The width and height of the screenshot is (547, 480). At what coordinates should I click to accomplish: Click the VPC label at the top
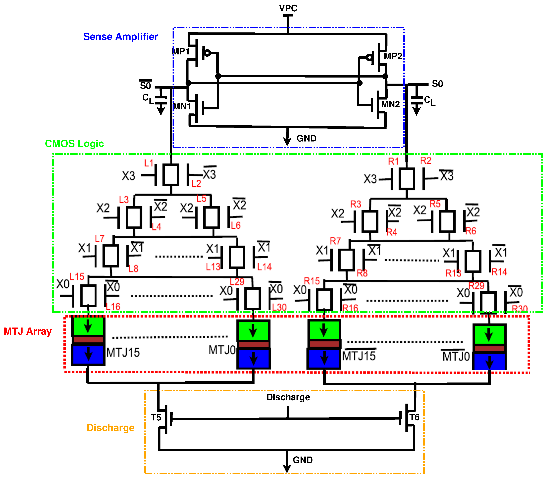[288, 8]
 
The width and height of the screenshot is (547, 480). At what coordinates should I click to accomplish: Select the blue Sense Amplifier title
[120, 37]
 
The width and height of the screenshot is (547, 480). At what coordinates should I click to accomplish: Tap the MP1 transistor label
[181, 51]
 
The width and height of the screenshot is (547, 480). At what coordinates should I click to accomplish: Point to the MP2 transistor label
[393, 56]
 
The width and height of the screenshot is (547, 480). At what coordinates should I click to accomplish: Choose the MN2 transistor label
[390, 104]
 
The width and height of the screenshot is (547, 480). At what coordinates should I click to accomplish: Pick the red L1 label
[149, 163]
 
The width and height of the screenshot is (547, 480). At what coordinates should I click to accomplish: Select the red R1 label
[393, 161]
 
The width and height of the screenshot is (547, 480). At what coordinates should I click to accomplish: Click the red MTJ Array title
[28, 331]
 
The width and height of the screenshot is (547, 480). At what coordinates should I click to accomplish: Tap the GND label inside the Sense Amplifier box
[306, 138]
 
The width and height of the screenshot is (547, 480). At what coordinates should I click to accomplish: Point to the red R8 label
[362, 273]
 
